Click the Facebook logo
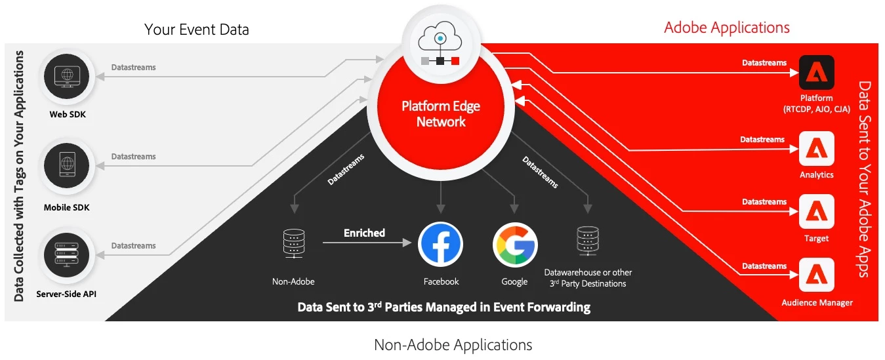pyautogui.click(x=440, y=245)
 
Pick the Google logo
pyautogui.click(x=515, y=245)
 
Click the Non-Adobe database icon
pyautogui.click(x=293, y=244)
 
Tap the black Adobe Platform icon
pyautogui.click(x=816, y=73)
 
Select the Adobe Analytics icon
pyautogui.click(x=816, y=149)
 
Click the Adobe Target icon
pyautogui.click(x=816, y=212)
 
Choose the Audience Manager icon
pyautogui.click(x=816, y=275)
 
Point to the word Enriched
pyautogui.click(x=364, y=233)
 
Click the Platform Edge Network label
pyautogui.click(x=442, y=113)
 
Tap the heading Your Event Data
pyautogui.click(x=197, y=30)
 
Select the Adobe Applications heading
pyautogui.click(x=727, y=28)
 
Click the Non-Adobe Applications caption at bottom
pyautogui.click(x=453, y=345)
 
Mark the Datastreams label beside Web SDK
pyautogui.click(x=134, y=68)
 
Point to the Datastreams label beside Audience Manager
pyautogui.click(x=764, y=266)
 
